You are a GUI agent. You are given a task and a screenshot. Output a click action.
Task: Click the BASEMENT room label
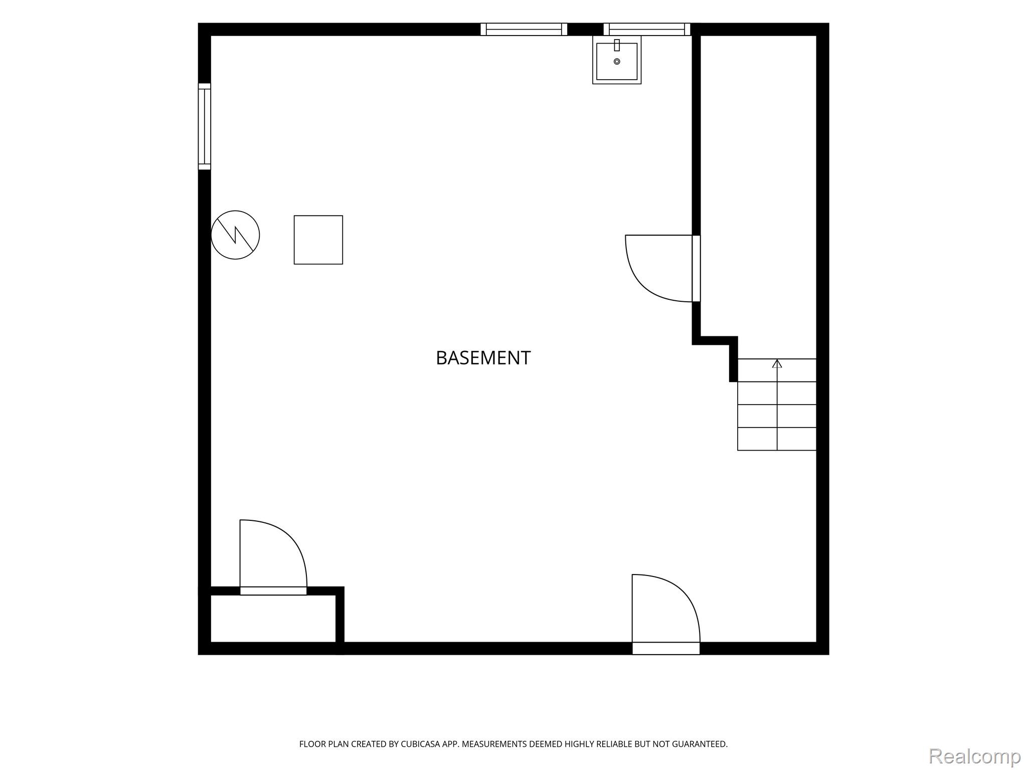[483, 358]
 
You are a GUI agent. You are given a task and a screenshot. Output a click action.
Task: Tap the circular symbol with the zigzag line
[235, 235]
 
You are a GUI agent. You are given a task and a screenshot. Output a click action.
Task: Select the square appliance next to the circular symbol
[318, 240]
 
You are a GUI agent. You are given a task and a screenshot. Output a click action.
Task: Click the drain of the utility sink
[617, 62]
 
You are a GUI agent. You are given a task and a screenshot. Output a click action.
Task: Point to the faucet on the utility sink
[617, 45]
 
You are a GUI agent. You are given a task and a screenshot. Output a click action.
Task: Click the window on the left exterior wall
[205, 126]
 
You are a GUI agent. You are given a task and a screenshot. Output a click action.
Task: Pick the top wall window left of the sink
[524, 29]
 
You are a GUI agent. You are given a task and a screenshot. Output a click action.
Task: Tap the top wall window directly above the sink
[647, 29]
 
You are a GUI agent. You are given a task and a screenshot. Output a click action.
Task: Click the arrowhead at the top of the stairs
[777, 363]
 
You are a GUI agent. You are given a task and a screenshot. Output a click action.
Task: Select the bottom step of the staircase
[777, 439]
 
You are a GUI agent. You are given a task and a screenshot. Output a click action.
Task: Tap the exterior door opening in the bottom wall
[666, 648]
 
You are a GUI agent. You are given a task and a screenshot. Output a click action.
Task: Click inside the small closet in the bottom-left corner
[273, 619]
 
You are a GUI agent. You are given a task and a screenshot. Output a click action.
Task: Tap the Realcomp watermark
[974, 756]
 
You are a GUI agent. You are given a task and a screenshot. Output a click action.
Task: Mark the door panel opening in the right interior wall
[696, 269]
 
